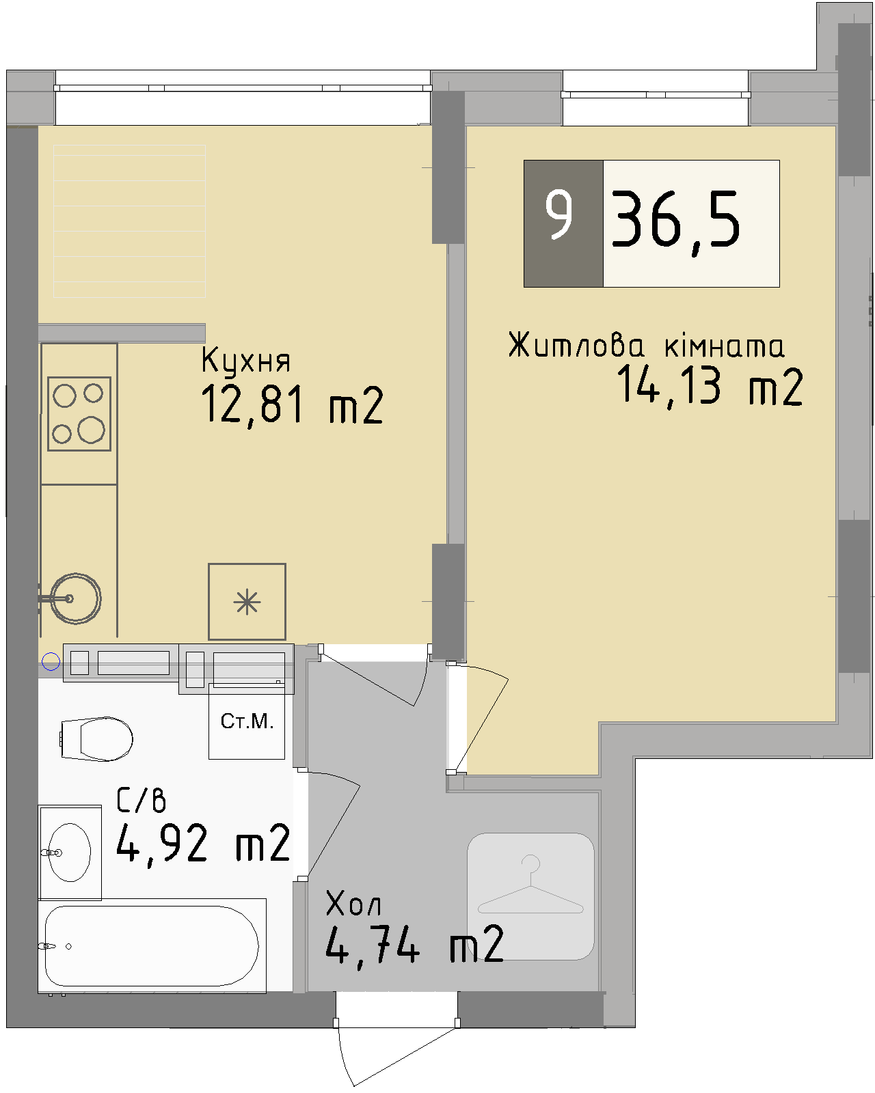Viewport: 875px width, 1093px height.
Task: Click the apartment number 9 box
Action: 563,223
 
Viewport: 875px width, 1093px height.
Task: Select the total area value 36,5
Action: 675,221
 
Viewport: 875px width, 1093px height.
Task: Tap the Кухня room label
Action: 246,361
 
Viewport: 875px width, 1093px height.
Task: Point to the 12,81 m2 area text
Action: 292,405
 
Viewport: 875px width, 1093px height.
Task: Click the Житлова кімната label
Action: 646,346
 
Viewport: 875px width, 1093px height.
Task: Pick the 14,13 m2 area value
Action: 709,387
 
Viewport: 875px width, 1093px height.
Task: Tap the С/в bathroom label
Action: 141,800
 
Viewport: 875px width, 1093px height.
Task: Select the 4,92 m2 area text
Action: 203,844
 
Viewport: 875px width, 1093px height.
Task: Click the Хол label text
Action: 353,904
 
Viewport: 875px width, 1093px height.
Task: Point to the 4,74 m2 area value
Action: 414,945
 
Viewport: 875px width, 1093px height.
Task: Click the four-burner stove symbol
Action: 79,413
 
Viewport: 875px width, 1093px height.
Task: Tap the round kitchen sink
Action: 75,598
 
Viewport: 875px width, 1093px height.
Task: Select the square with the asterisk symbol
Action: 247,602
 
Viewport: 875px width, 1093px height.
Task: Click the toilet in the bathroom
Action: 97,738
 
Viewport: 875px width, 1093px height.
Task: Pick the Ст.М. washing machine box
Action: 247,722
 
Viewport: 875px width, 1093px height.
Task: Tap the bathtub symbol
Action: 152,945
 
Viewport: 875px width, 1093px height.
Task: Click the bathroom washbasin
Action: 68,853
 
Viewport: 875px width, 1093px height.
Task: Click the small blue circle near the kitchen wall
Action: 51,661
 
